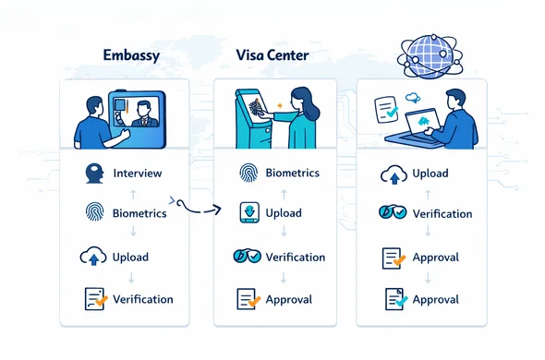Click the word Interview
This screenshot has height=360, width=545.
(137, 174)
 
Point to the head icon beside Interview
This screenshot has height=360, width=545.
(93, 174)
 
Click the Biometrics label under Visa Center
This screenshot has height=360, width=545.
(292, 172)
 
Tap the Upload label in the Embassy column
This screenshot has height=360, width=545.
(131, 257)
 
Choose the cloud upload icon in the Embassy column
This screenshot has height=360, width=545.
(94, 257)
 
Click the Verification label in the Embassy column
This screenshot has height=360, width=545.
(142, 298)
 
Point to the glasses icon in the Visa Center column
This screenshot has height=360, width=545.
(248, 257)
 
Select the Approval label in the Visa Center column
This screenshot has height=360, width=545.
(288, 299)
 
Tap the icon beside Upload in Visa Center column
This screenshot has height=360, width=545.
(248, 213)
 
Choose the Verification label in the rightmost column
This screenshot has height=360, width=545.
(442, 214)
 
